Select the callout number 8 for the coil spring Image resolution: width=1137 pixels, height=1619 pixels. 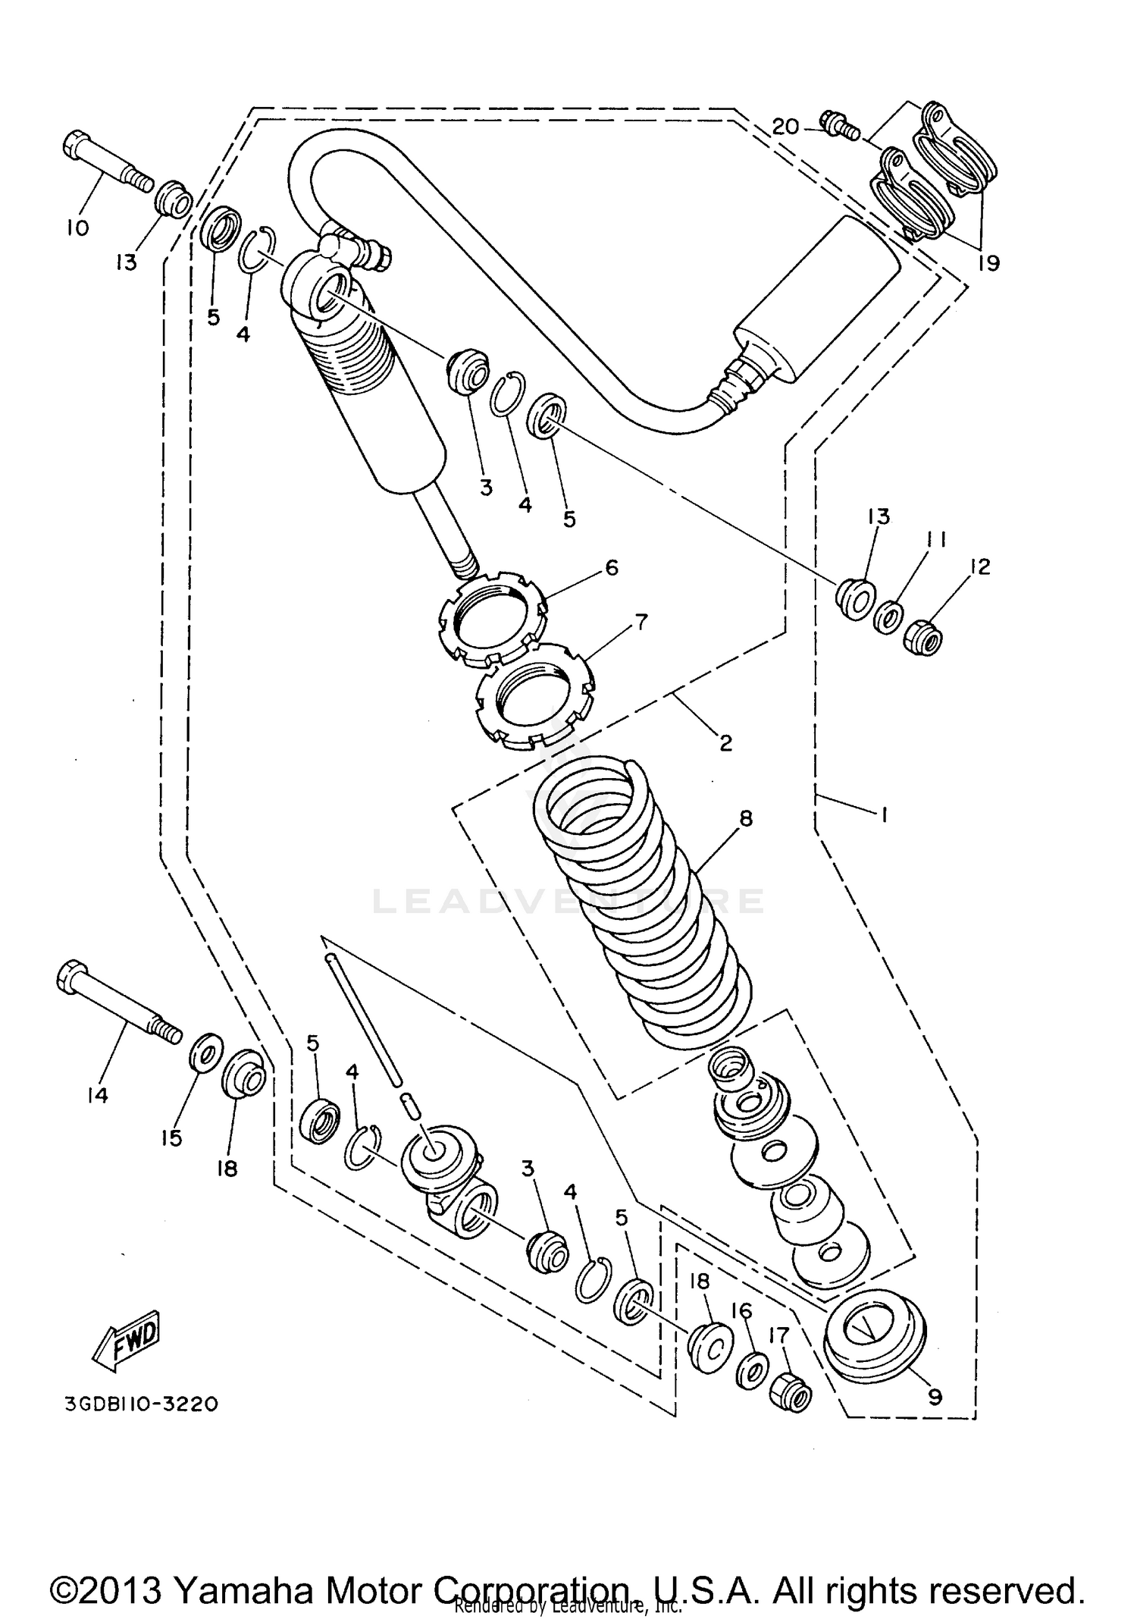[746, 818]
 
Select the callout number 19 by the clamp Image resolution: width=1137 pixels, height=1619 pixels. [988, 262]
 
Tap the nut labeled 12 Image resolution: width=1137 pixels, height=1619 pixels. [922, 640]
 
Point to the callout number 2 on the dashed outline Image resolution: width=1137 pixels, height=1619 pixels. [725, 743]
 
